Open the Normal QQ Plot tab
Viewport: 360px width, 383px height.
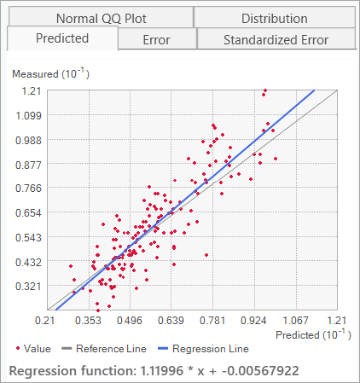(100, 18)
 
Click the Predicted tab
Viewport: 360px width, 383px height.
(61, 38)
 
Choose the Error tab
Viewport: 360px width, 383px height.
(156, 39)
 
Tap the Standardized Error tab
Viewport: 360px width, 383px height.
(275, 39)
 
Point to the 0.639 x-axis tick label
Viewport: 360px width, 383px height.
(171, 321)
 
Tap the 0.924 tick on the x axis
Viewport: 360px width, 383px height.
(253, 321)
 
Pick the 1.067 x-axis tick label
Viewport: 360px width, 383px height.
(295, 321)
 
